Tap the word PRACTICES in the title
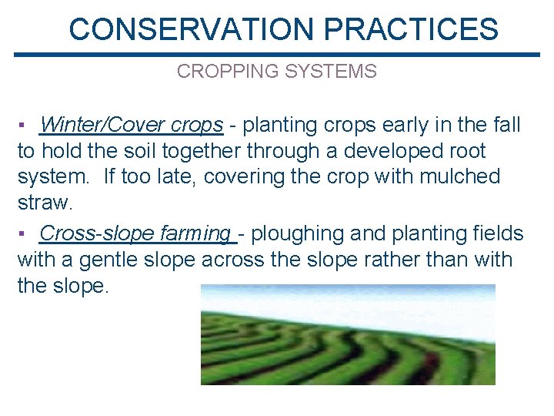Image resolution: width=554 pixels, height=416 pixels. (x=411, y=29)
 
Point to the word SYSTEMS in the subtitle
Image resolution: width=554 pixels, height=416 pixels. (x=331, y=72)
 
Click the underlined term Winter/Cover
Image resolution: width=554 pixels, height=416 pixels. (x=103, y=124)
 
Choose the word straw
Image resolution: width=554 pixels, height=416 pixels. (x=42, y=203)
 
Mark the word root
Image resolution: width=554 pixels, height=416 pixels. (x=464, y=150)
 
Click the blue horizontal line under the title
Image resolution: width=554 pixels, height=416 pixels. (x=277, y=55)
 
